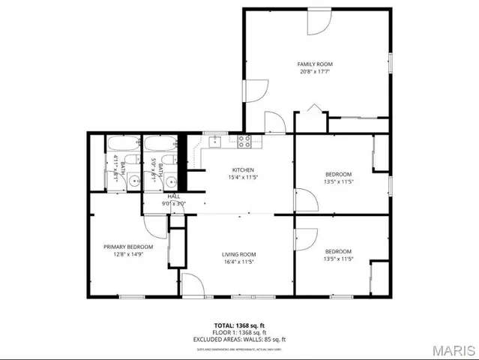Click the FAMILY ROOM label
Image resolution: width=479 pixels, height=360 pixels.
[315, 64]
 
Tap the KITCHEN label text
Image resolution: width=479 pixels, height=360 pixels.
[243, 170]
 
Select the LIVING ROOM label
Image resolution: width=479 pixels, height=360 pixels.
[238, 254]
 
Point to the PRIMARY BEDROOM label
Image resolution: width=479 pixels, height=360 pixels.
[128, 247]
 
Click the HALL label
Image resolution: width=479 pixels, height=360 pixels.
[173, 196]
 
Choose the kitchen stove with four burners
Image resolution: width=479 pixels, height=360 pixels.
[245, 140]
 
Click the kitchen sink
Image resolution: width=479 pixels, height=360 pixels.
[214, 140]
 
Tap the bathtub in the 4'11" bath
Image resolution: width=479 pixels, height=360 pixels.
[121, 143]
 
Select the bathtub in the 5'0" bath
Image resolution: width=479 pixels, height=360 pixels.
[160, 143]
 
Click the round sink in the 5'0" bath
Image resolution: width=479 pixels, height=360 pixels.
[171, 181]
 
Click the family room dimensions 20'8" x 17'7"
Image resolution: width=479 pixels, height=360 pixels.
[315, 72]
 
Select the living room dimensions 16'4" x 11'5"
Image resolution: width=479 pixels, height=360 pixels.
[238, 262]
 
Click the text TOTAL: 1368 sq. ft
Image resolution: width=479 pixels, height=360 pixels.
[239, 325]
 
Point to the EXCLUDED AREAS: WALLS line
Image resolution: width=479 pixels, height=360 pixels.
[239, 339]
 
